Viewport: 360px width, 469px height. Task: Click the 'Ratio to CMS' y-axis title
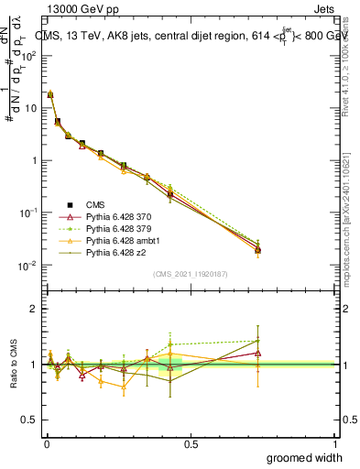13,364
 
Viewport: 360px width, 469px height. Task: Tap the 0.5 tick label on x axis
190,443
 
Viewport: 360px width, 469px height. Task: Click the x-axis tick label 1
336,443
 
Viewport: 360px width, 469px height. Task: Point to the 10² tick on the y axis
30,55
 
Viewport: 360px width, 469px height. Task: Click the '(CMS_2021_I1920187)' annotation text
190,273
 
